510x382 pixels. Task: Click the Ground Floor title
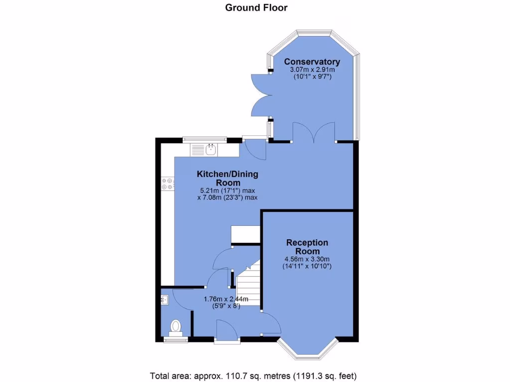pos(256,7)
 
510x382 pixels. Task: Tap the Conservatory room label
pos(312,62)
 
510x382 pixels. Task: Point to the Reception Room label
pos(307,247)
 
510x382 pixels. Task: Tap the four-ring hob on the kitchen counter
pos(167,184)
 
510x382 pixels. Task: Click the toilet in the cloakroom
pos(175,326)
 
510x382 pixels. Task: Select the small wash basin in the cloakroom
pos(165,299)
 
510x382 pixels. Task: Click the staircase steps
pos(248,284)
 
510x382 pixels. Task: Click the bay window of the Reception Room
pos(308,352)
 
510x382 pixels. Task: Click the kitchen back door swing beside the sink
pos(255,149)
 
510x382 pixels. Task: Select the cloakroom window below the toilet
pos(176,340)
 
